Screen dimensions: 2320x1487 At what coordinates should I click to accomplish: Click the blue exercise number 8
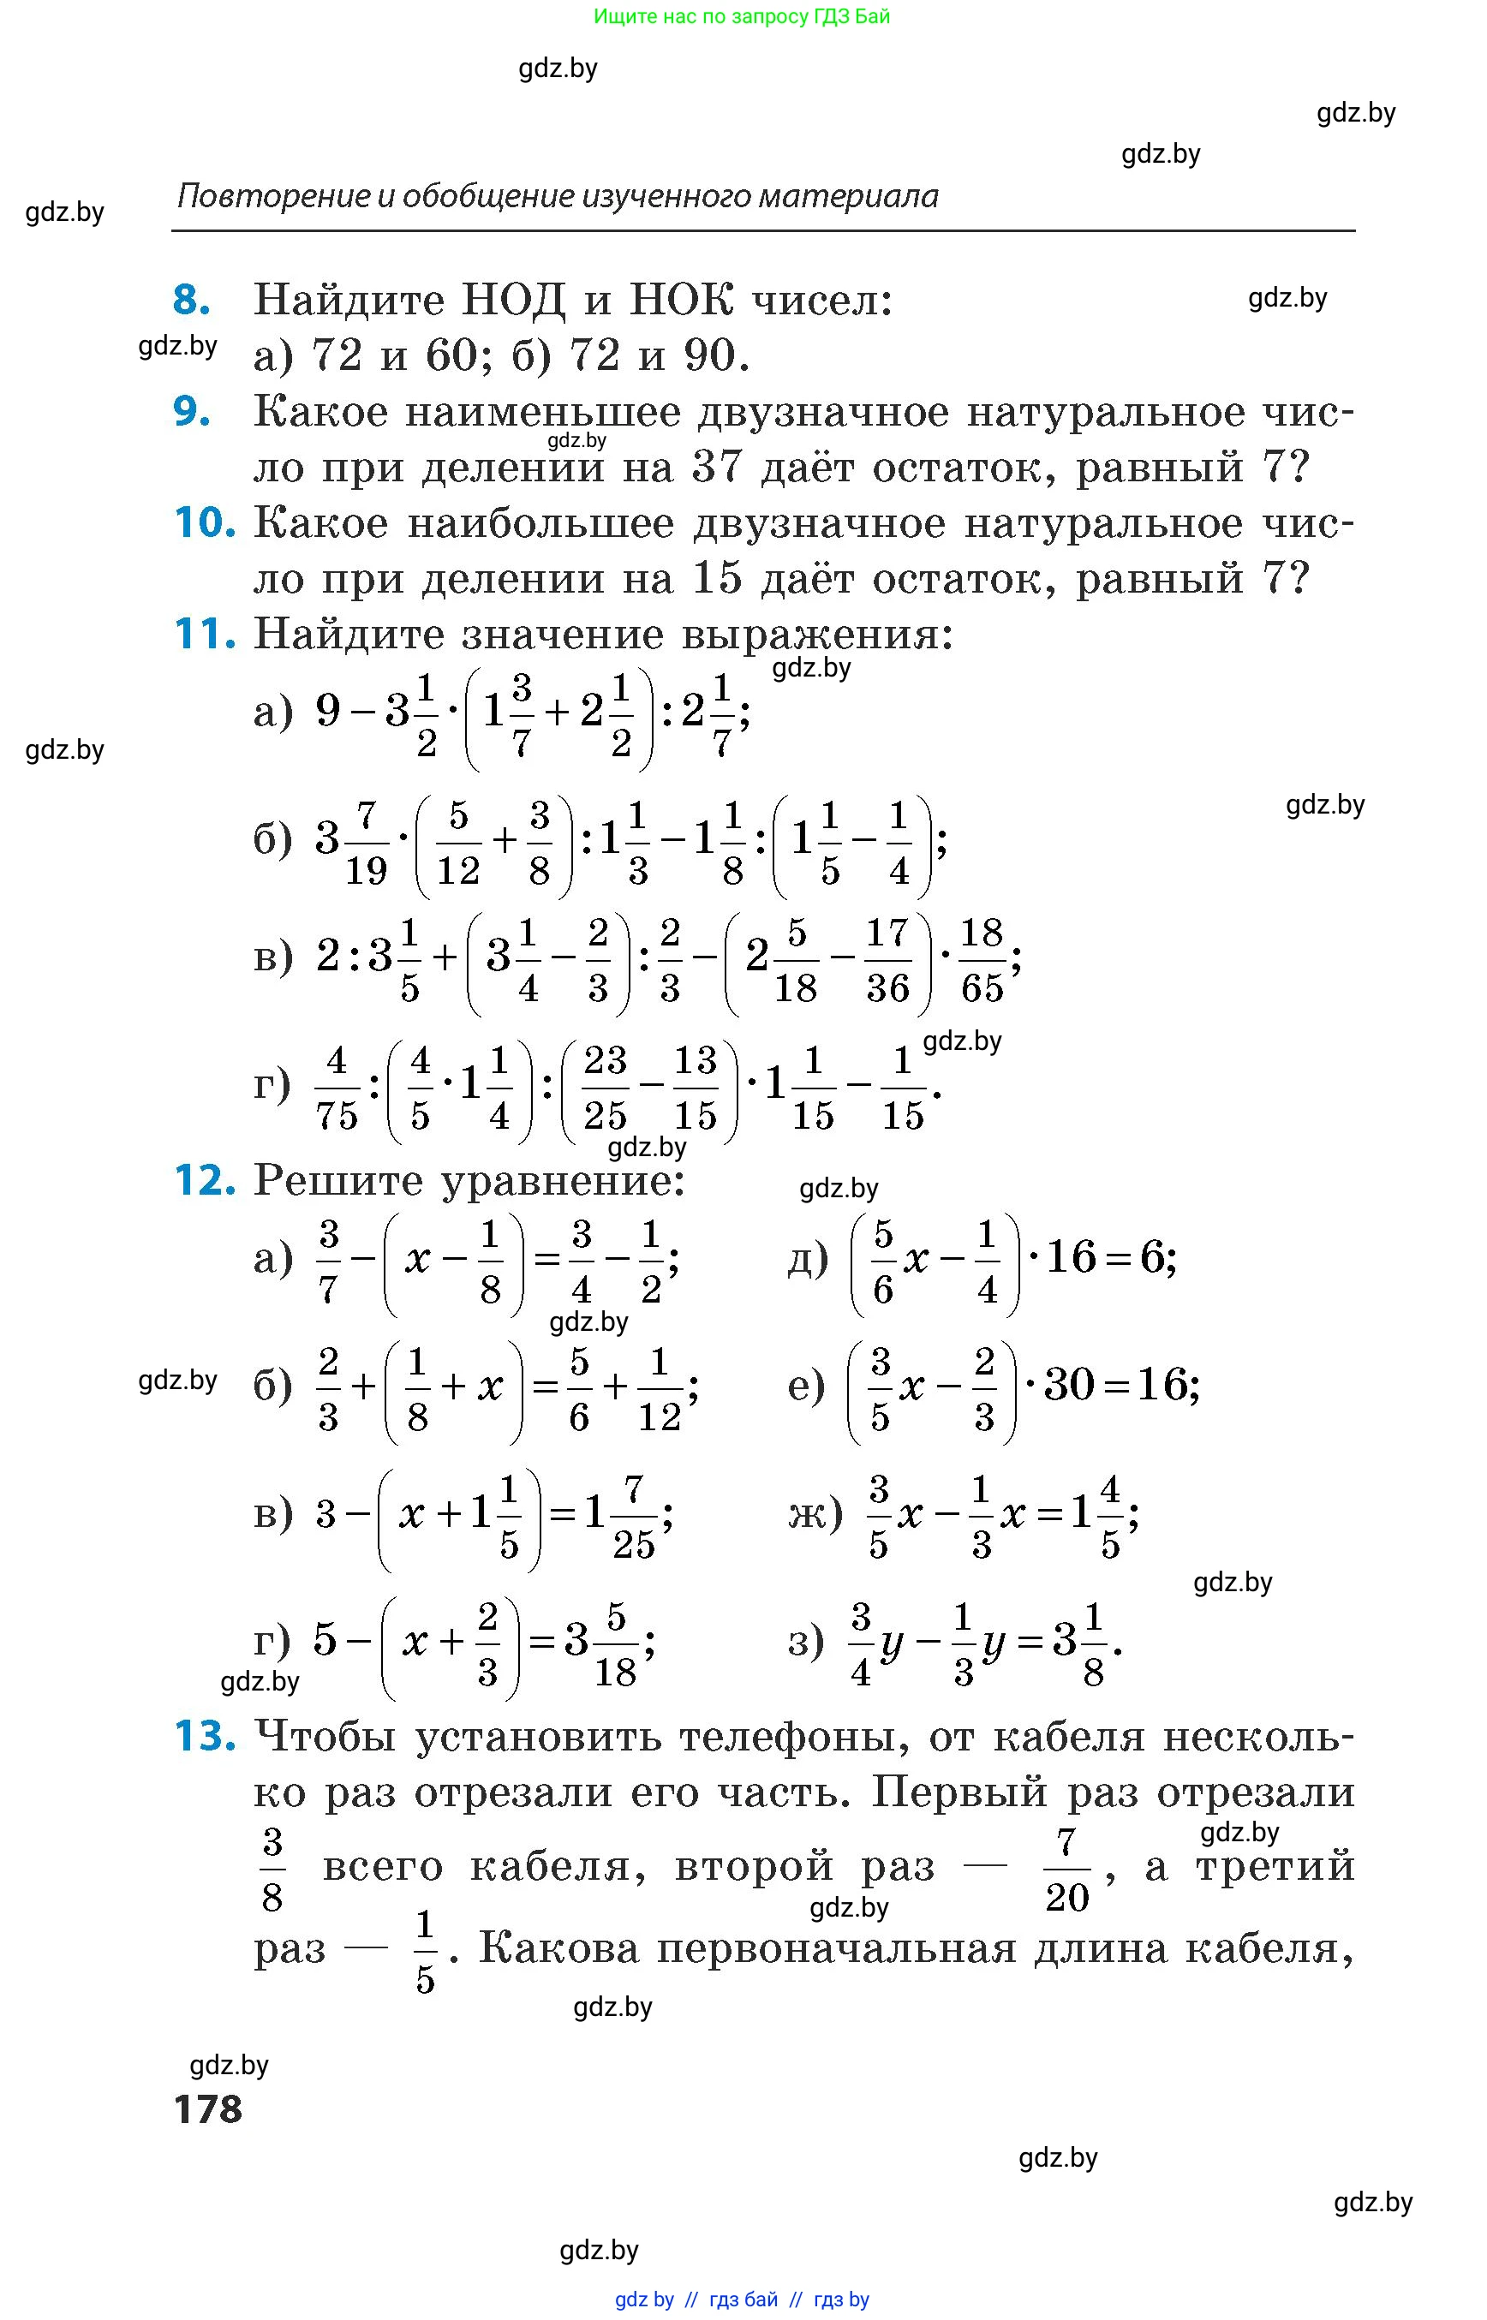(191, 301)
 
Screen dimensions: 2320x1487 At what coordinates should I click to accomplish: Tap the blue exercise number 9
(191, 412)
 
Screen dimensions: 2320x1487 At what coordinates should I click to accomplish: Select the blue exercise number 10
(204, 523)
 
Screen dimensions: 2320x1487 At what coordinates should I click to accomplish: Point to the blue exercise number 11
(204, 635)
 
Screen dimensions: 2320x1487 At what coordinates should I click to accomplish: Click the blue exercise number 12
(204, 1181)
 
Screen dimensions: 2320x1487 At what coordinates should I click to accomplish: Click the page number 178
(207, 2108)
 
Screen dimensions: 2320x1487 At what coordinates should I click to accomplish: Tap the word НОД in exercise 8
(513, 301)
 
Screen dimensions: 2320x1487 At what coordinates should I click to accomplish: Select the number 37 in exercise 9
(716, 468)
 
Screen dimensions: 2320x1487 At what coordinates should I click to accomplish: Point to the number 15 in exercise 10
(716, 579)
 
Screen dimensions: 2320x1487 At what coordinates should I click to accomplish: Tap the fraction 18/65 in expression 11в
(982, 961)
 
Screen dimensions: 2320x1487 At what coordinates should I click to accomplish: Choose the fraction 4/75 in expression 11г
(336, 1088)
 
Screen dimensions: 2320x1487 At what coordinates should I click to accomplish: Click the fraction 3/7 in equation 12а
(328, 1261)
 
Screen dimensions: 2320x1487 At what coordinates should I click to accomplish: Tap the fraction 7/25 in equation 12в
(633, 1516)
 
